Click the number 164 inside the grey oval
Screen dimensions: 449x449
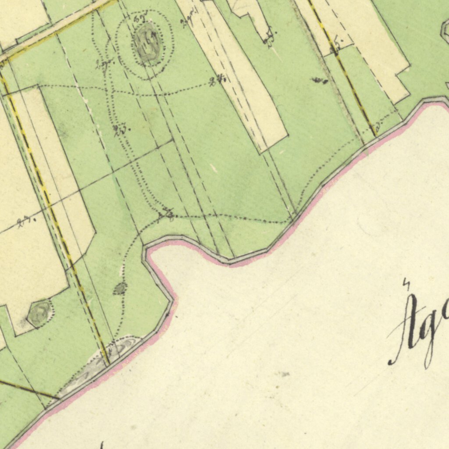click(x=148, y=42)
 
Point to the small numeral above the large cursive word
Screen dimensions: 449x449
click(x=406, y=285)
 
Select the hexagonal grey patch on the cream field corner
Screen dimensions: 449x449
click(x=39, y=313)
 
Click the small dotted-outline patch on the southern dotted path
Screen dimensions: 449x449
click(x=120, y=289)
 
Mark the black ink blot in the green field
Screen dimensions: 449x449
click(x=320, y=80)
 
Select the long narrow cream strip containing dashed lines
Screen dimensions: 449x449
click(x=237, y=75)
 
